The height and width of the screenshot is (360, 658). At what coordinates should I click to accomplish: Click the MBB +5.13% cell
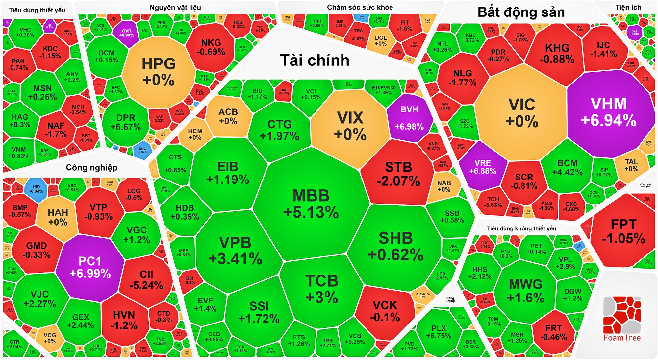click(311, 204)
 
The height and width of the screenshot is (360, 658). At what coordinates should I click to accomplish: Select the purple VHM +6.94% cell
click(609, 112)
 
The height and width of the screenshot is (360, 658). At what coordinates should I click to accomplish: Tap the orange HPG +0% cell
click(159, 72)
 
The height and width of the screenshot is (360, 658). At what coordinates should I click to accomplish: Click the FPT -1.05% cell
click(623, 231)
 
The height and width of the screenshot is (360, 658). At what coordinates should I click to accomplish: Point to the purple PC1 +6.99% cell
click(90, 267)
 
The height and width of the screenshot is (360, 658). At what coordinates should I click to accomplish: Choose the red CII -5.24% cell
click(146, 280)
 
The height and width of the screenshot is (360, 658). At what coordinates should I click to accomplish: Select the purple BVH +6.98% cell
click(409, 118)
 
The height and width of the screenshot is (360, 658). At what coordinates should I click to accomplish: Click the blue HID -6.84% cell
click(36, 189)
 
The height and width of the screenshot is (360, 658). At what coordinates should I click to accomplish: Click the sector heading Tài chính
click(315, 60)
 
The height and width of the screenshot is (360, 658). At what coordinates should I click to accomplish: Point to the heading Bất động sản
click(521, 12)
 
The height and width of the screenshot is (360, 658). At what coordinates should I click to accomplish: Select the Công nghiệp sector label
click(91, 168)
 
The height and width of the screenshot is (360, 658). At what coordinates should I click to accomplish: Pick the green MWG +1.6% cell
click(525, 291)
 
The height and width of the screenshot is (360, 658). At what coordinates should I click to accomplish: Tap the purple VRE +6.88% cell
click(483, 167)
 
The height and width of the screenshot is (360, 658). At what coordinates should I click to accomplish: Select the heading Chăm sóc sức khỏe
click(360, 7)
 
